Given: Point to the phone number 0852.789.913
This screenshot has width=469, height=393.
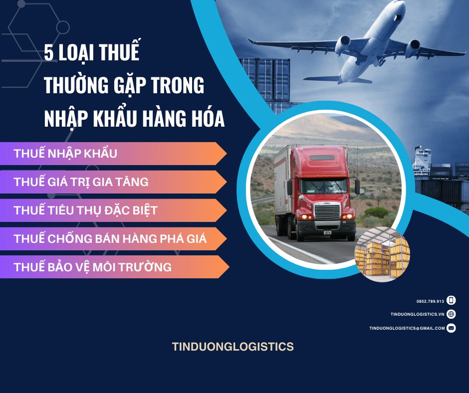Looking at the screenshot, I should (x=430, y=301).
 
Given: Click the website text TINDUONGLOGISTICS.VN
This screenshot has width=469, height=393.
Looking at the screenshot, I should (x=417, y=314).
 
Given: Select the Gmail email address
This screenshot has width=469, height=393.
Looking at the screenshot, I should (x=407, y=328).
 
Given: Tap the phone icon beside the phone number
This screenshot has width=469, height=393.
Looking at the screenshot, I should (x=451, y=300).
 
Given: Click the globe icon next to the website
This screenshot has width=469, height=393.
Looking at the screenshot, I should (x=451, y=314).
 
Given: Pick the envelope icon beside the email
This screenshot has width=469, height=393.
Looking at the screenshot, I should (x=451, y=328).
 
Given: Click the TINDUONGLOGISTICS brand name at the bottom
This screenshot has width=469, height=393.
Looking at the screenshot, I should (x=233, y=347).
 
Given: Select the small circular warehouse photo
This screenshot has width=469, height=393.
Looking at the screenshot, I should (x=382, y=253).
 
